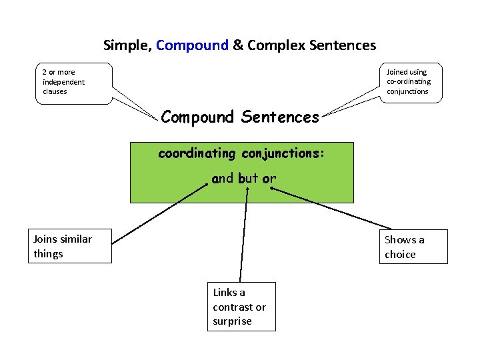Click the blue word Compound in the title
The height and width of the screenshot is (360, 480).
click(192, 45)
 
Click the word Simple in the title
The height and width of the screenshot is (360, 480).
click(127, 45)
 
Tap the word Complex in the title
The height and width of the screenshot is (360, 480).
click(274, 45)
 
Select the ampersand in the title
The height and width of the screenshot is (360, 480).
click(236, 45)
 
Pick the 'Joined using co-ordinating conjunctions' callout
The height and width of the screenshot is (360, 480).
click(411, 82)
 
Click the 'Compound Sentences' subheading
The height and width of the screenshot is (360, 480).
click(240, 117)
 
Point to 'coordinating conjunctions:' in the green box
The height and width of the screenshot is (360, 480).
click(241, 153)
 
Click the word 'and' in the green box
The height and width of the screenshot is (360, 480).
click(223, 179)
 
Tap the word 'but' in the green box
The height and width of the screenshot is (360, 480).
click(247, 179)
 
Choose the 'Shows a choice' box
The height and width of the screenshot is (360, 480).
click(413, 247)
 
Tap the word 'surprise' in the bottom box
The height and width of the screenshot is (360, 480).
click(232, 321)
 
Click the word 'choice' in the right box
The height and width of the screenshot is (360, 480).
click(400, 255)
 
